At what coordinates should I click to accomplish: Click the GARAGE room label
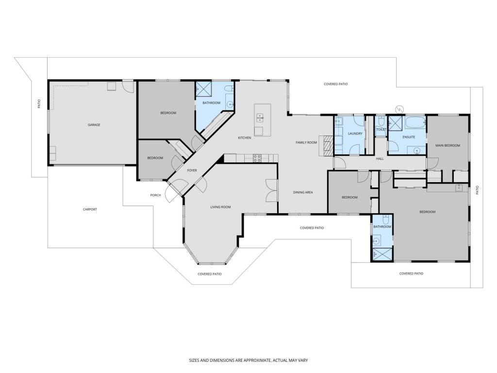pos(94,125)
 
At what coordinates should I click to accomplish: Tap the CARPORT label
pos(90,209)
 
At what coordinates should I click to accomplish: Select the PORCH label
pos(155,195)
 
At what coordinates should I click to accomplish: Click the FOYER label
pos(192,170)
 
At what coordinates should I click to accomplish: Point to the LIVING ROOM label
pos(221,207)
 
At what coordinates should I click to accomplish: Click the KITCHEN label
pos(245,137)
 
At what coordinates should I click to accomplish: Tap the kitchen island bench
pos(263,120)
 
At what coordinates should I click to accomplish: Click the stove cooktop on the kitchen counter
pos(257,158)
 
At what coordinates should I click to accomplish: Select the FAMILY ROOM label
pos(306,142)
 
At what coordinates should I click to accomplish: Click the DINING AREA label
pos(303,192)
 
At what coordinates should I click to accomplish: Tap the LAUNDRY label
pos(355,134)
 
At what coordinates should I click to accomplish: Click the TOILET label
pos(381,129)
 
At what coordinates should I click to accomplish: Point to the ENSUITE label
pos(409,137)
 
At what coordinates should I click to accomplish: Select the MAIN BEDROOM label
pos(447,146)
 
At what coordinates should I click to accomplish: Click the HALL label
pos(380,159)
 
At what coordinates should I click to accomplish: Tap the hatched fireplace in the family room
pos(327,145)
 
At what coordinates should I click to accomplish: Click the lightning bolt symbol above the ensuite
pos(400,109)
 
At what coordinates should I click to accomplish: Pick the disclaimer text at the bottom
pos(248,360)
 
